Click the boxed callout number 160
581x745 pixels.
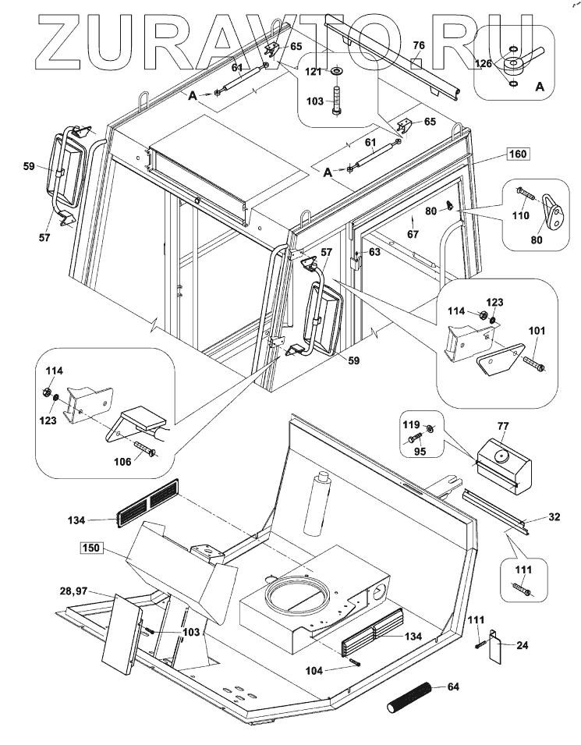517,154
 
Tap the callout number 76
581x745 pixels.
418,46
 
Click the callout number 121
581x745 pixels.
314,72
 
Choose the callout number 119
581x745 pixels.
410,426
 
